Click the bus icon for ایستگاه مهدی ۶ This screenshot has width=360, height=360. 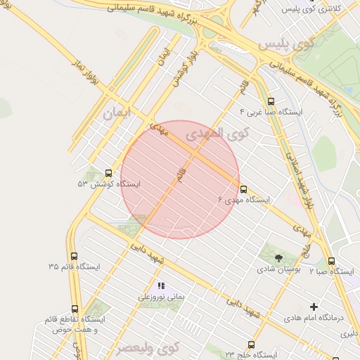tap(244, 189)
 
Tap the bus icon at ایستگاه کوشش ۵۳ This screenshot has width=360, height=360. tap(108, 173)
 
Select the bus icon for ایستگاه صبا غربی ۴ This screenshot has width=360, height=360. tap(272, 101)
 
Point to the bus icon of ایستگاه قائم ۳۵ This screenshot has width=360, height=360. tap(75, 257)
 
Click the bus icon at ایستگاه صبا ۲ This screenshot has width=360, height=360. tap(331, 261)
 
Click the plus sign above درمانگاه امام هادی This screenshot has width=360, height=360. tap(314, 307)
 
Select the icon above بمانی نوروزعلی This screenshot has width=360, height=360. tap(161, 286)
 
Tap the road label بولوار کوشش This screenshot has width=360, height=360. tap(180, 65)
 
